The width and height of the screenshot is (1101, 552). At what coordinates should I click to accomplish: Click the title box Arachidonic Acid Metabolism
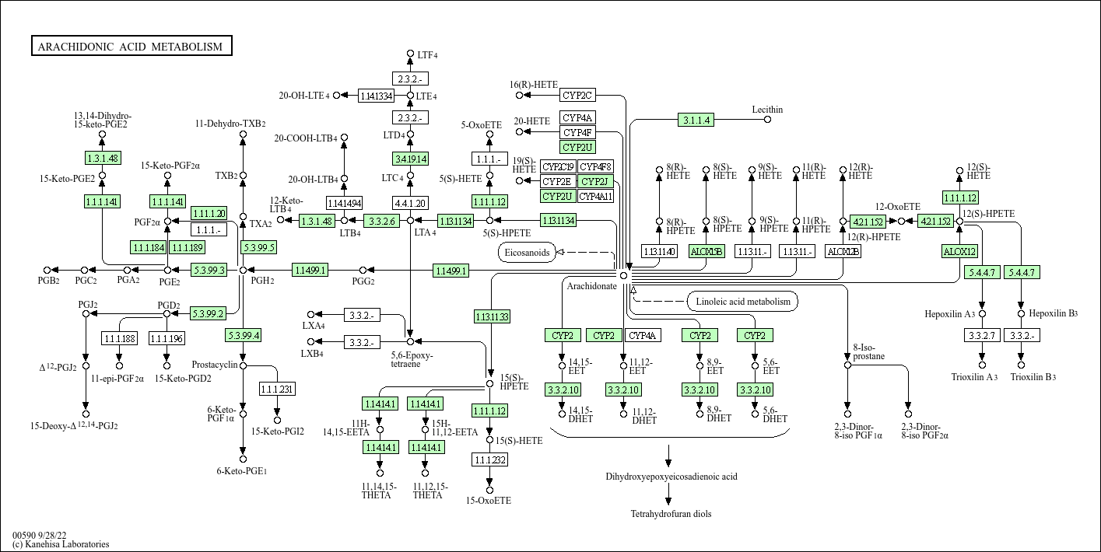coord(131,47)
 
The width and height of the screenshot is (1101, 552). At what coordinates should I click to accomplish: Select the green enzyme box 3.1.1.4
coord(696,121)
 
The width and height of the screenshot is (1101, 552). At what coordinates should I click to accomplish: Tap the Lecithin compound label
coord(767,110)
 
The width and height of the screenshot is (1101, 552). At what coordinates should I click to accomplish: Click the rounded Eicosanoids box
coord(527,253)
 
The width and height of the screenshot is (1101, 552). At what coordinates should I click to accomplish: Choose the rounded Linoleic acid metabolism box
coord(742,302)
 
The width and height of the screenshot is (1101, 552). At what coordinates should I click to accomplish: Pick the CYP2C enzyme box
coord(577,95)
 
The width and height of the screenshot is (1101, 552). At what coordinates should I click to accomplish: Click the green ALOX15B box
coord(707,251)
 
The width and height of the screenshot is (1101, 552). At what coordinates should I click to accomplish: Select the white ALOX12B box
coord(843,251)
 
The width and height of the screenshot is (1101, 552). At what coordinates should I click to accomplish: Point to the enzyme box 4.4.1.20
coord(410,204)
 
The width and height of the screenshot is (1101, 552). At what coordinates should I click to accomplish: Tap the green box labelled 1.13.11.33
coord(492,316)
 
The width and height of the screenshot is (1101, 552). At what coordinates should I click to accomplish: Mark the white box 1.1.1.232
coord(489,459)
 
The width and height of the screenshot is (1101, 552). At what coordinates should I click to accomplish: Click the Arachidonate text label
coord(591,286)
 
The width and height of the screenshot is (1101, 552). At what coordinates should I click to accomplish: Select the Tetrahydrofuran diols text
coord(671,514)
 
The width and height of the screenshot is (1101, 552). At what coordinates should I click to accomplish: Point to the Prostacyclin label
coord(214,364)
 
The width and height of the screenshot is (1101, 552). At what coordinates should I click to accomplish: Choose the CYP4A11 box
coord(595,196)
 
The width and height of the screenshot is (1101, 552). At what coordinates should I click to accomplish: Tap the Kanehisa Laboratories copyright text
coord(61,544)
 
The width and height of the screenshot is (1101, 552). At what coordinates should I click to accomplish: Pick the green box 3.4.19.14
coord(410,159)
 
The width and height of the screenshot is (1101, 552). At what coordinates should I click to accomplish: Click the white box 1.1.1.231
coord(277,389)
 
